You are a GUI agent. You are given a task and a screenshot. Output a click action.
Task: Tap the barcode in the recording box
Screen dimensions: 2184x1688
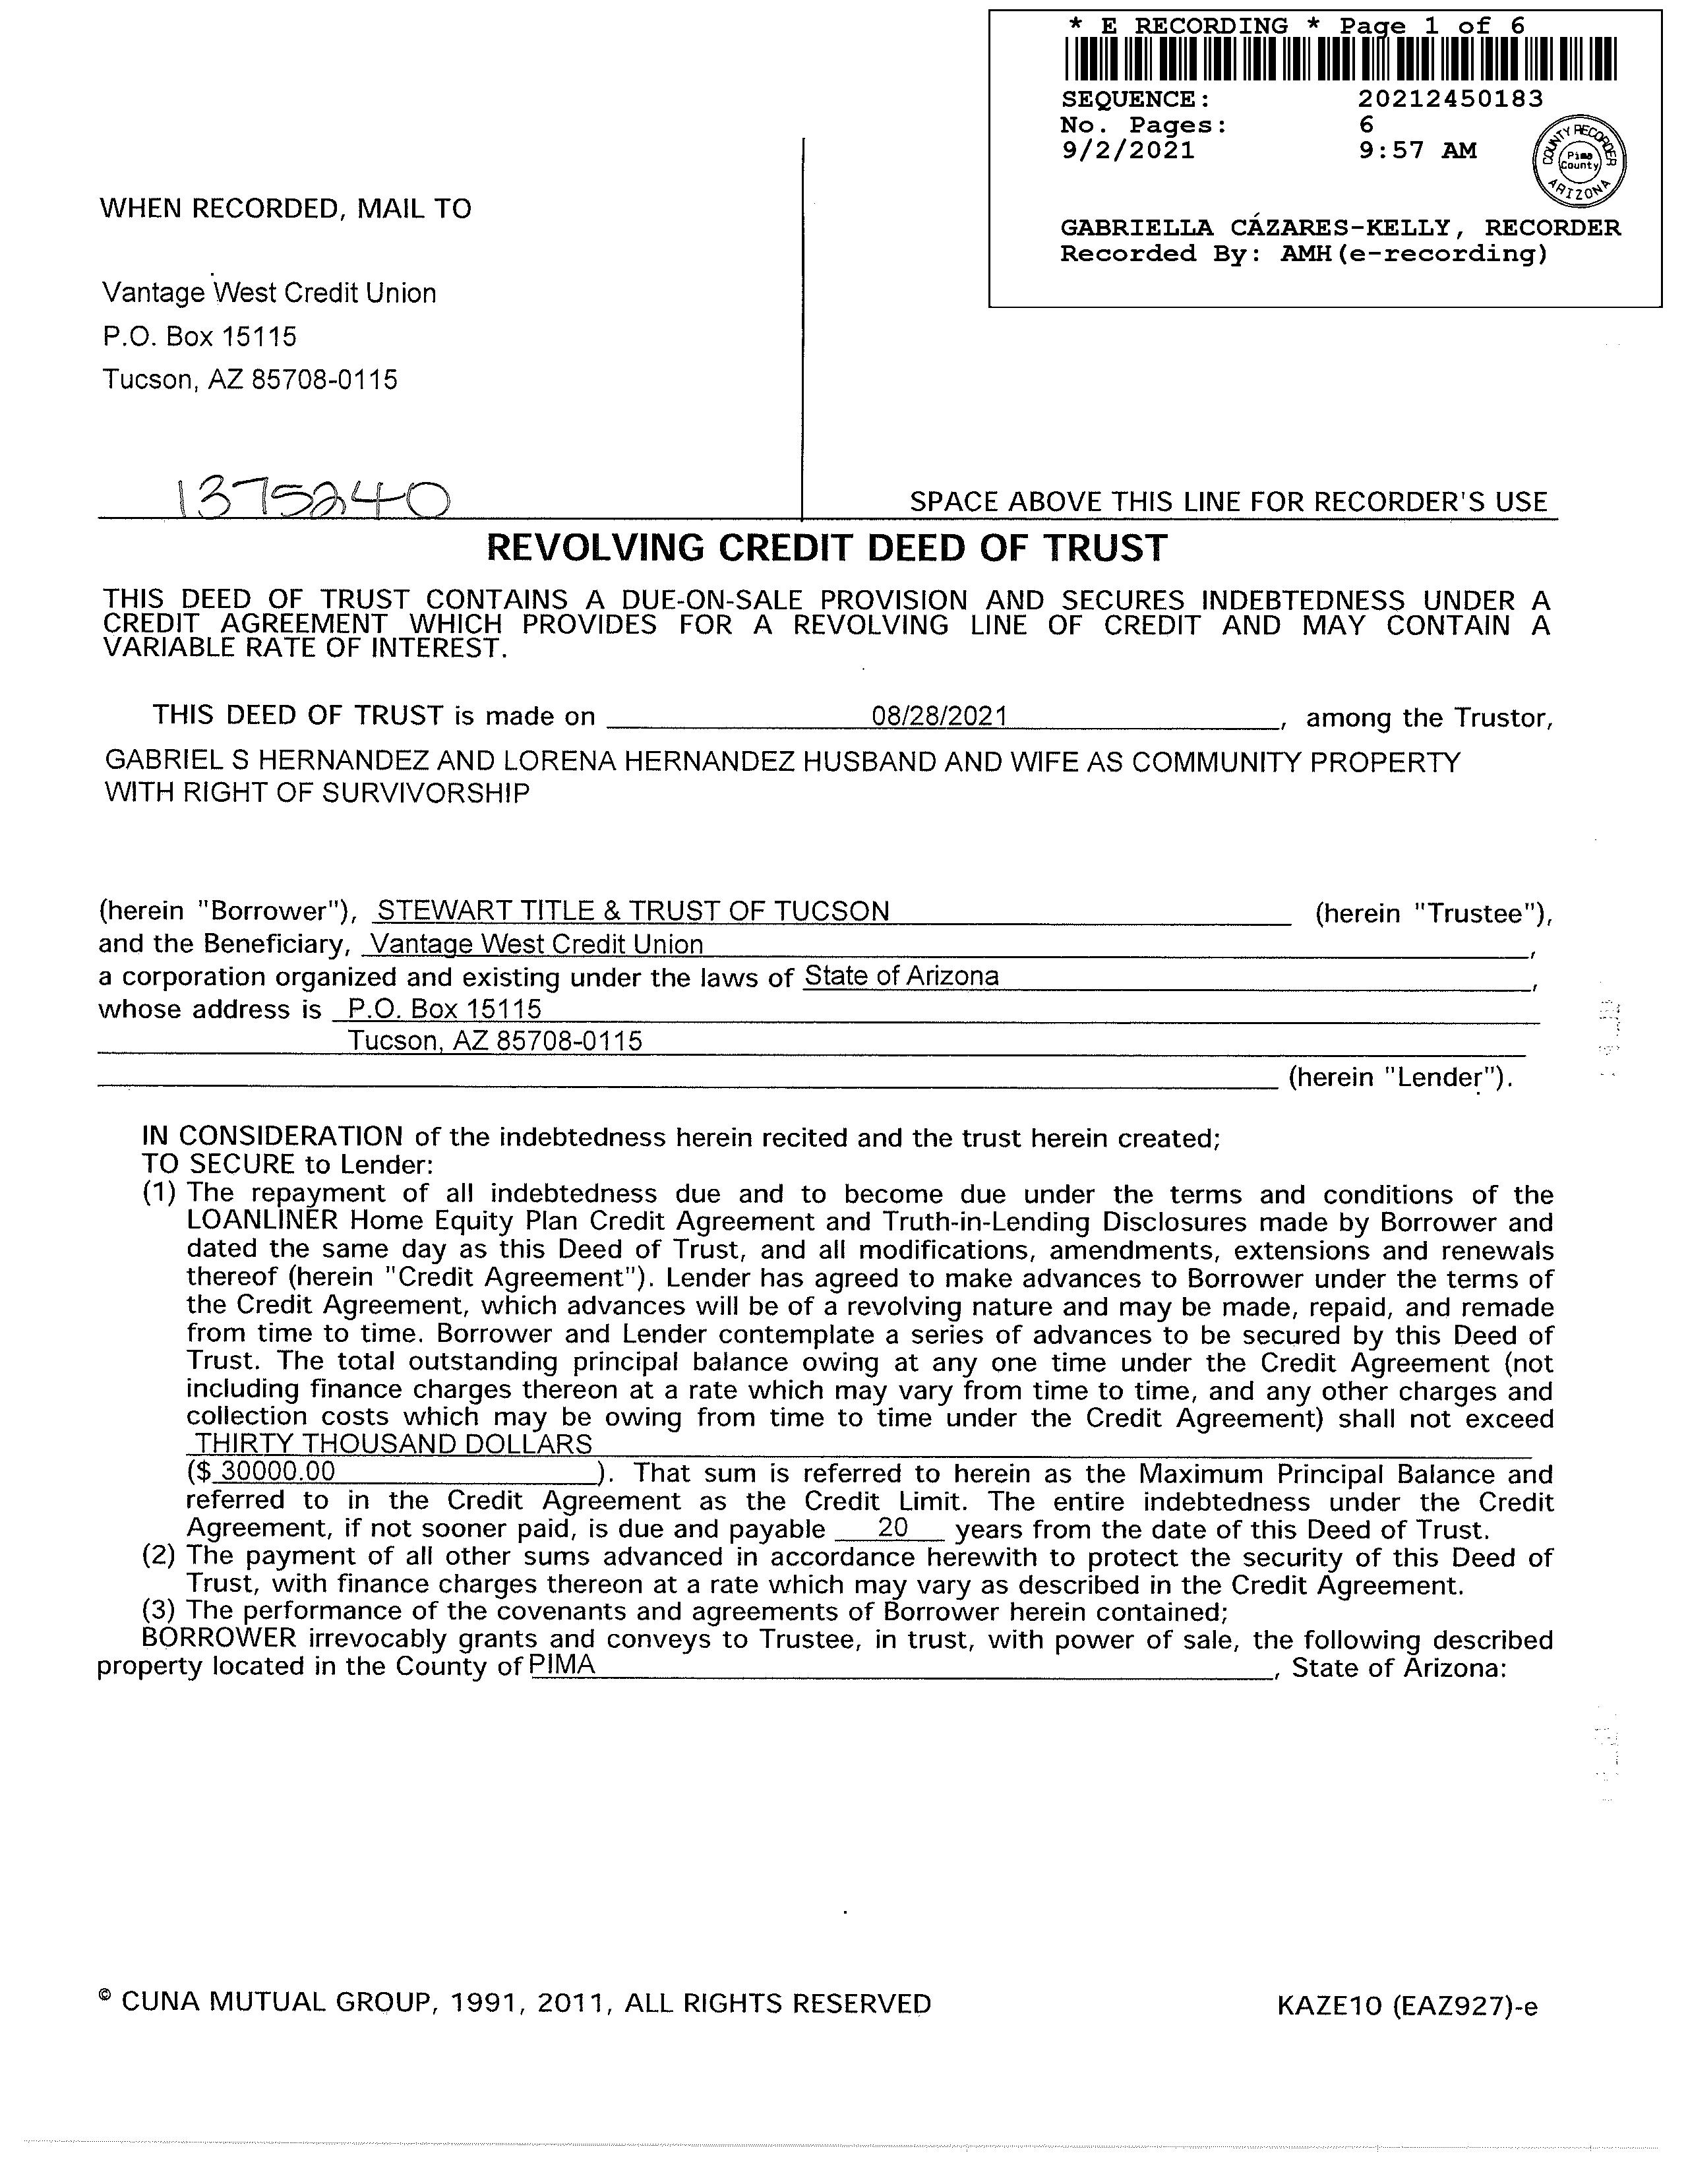click(1340, 59)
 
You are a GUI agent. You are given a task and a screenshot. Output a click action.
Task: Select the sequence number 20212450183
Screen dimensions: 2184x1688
click(1450, 99)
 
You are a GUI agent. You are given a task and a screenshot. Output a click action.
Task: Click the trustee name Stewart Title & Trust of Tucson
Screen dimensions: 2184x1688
click(633, 911)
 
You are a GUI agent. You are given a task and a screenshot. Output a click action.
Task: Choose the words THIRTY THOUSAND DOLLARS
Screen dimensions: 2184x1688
click(393, 1444)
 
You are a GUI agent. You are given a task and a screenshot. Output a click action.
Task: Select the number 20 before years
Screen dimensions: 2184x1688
click(892, 1528)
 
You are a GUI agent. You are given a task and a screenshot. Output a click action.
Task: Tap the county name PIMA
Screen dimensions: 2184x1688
click(562, 1664)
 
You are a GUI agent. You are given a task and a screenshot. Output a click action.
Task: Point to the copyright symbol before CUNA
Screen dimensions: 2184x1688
click(105, 1997)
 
